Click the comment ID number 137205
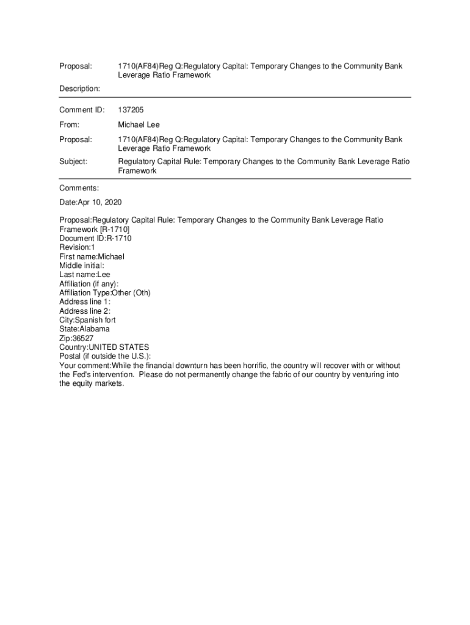click(131, 110)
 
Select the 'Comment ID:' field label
click(82, 110)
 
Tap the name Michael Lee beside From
click(139, 125)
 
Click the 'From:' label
click(70, 125)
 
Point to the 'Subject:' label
click(73, 162)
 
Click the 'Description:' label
click(79, 89)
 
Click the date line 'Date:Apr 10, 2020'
click(94, 203)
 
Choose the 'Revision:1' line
click(77, 248)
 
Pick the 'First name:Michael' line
click(92, 257)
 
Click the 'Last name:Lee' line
click(85, 275)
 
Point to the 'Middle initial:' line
click(82, 266)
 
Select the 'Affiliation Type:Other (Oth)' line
click(105, 293)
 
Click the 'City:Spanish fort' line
click(87, 320)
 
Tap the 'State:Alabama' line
click(84, 329)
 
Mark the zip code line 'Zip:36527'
click(76, 338)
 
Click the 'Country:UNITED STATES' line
click(104, 347)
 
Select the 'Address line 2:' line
click(85, 311)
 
